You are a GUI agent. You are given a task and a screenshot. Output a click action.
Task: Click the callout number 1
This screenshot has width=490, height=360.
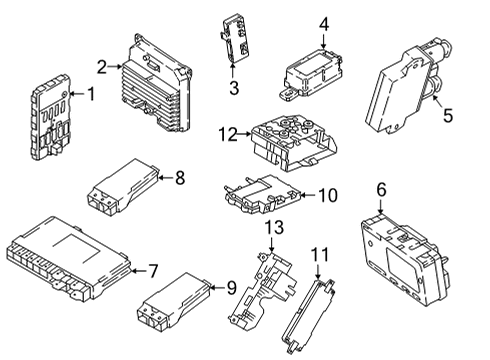coord(91,95)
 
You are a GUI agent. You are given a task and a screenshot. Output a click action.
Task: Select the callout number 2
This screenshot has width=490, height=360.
coord(102,66)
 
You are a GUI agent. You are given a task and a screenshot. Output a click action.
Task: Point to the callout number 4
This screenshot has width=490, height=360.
coord(323,24)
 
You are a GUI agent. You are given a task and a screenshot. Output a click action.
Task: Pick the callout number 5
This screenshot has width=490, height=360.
coord(447,116)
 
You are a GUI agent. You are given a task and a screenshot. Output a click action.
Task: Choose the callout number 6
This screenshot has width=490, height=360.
coord(380,188)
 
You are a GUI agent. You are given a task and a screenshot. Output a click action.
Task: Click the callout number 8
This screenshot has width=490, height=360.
coord(180,179)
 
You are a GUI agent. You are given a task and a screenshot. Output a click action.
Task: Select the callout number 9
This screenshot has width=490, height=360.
coord(231,288)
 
